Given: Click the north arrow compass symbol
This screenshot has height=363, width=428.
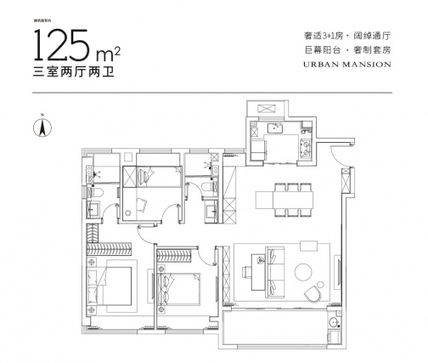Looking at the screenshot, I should tap(39, 128).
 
